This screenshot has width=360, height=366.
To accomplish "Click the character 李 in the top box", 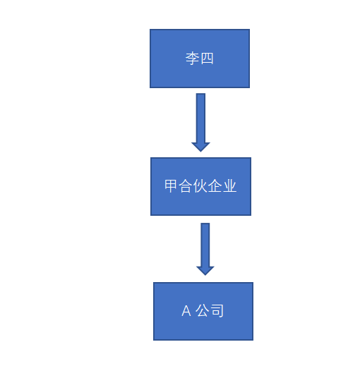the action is (192, 59).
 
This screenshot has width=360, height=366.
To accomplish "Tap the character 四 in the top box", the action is (208, 59).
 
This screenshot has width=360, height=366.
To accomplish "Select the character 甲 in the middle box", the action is (170, 186).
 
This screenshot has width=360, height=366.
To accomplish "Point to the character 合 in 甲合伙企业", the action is (185, 186).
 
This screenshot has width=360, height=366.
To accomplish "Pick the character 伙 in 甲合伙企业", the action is (200, 186).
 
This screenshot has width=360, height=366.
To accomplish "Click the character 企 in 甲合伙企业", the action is (215, 186).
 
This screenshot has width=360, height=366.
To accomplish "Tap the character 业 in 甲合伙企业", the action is (229, 186).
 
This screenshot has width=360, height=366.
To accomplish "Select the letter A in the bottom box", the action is (186, 311).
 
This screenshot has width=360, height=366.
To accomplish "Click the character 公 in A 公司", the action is (203, 310).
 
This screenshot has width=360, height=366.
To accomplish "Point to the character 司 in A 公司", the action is (217, 310).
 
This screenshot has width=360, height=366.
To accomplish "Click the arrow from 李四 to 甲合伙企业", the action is (200, 123).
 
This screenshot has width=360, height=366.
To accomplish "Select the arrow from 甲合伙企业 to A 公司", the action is (205, 249).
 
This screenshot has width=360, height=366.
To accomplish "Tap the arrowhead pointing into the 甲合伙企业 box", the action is (200, 147).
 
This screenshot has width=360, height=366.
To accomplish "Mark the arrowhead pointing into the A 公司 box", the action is (205, 271).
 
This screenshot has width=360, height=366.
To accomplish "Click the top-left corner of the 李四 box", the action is (150, 30).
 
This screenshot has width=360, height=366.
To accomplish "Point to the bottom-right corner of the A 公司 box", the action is (253, 340).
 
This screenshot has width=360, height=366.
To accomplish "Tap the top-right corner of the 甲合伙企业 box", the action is (251, 158).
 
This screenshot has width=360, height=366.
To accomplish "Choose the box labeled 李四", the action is (200, 59).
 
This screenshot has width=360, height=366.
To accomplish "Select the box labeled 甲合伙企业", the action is (200, 186).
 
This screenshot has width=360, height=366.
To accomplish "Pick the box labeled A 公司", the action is (203, 311).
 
